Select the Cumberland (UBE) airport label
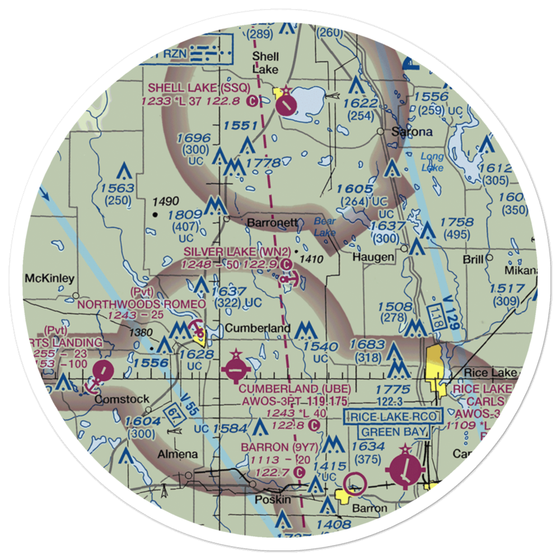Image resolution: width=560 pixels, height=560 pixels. click(x=295, y=389)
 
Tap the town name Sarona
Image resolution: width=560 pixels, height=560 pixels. click(x=412, y=133)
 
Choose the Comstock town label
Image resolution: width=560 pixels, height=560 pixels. click(x=122, y=399)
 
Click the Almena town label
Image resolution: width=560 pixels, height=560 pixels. click(x=179, y=454)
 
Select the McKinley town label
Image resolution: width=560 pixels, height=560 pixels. click(x=49, y=278)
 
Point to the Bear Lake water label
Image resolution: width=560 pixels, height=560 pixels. click(x=324, y=226)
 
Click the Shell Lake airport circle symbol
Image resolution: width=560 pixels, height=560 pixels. click(x=287, y=104)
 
